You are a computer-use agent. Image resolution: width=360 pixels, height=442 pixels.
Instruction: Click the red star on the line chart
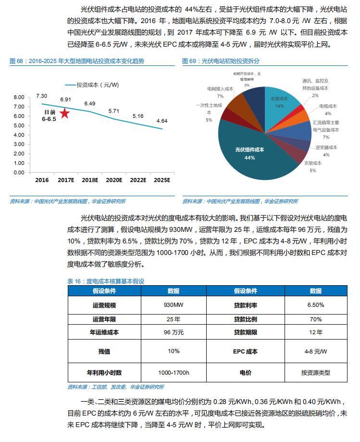64,114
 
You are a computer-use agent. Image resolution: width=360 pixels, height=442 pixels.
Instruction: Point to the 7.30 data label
41,96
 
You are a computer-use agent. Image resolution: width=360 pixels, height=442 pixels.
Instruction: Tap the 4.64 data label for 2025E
161,121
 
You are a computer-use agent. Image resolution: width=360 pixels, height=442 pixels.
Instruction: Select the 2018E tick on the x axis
90,180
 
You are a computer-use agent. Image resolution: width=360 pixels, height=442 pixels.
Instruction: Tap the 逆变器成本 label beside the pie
326,148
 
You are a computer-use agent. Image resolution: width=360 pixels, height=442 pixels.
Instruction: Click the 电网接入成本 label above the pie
220,89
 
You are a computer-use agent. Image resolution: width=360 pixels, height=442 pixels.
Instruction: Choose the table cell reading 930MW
174,305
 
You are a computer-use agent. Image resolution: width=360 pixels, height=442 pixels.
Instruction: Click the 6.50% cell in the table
316,305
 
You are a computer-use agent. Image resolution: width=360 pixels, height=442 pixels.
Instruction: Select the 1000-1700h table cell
174,373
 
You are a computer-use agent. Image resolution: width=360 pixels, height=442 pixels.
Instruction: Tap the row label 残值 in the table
104,351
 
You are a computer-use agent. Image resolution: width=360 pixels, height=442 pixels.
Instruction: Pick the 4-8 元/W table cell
316,351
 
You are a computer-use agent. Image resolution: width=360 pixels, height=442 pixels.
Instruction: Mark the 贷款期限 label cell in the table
245,332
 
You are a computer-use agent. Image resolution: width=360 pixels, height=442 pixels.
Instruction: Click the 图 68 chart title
77,61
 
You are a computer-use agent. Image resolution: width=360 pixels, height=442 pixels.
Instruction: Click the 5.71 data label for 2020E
114,111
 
